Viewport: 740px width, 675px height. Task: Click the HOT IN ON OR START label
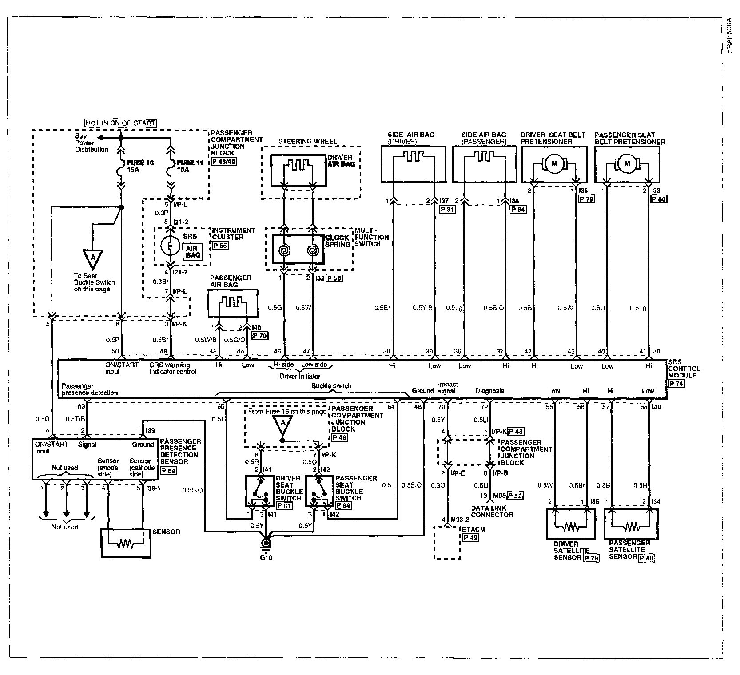tap(120, 123)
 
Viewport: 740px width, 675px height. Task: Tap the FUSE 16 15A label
tap(140, 167)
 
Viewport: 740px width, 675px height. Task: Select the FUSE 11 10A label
tap(190, 167)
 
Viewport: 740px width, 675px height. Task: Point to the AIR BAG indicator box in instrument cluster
tap(193, 252)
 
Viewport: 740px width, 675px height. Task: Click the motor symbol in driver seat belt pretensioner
tap(554, 164)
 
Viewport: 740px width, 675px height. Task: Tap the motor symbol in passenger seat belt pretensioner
tap(627, 164)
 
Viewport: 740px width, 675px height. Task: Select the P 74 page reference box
tap(676, 384)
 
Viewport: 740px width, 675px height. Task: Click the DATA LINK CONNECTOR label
tap(492, 512)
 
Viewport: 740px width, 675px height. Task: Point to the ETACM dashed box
tap(447, 543)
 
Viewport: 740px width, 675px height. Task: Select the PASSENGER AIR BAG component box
tap(232, 303)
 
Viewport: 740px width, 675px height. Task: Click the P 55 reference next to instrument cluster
tap(220, 245)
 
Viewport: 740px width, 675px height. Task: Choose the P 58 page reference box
tap(335, 278)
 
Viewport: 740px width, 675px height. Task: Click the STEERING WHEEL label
tap(307, 142)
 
